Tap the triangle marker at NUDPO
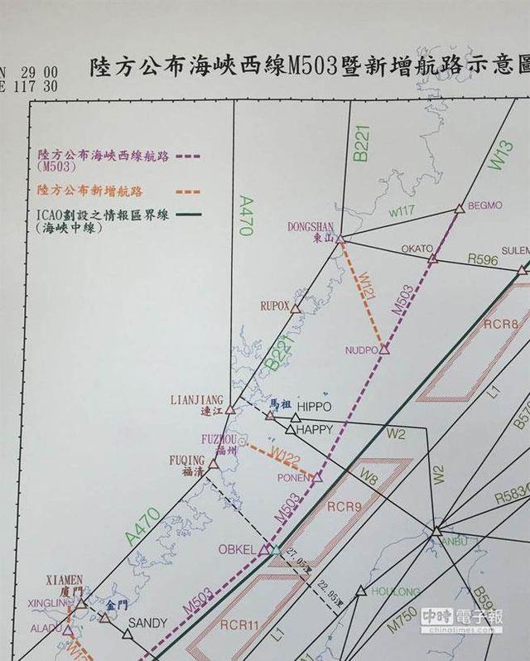coord(384,350)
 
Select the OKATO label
coord(417,248)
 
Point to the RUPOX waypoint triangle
coord(295,307)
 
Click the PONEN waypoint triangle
coord(316,478)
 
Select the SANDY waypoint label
coord(148,623)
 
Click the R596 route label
coord(483,259)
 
